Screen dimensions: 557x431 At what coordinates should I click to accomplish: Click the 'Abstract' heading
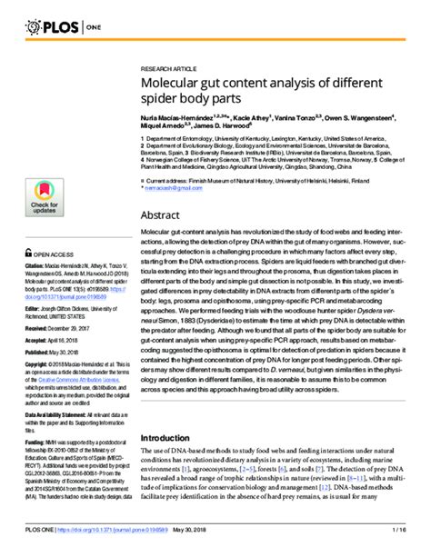pyautogui.click(x=165, y=216)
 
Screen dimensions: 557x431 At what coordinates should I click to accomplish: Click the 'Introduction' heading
pyautogui.click(x=174, y=436)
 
